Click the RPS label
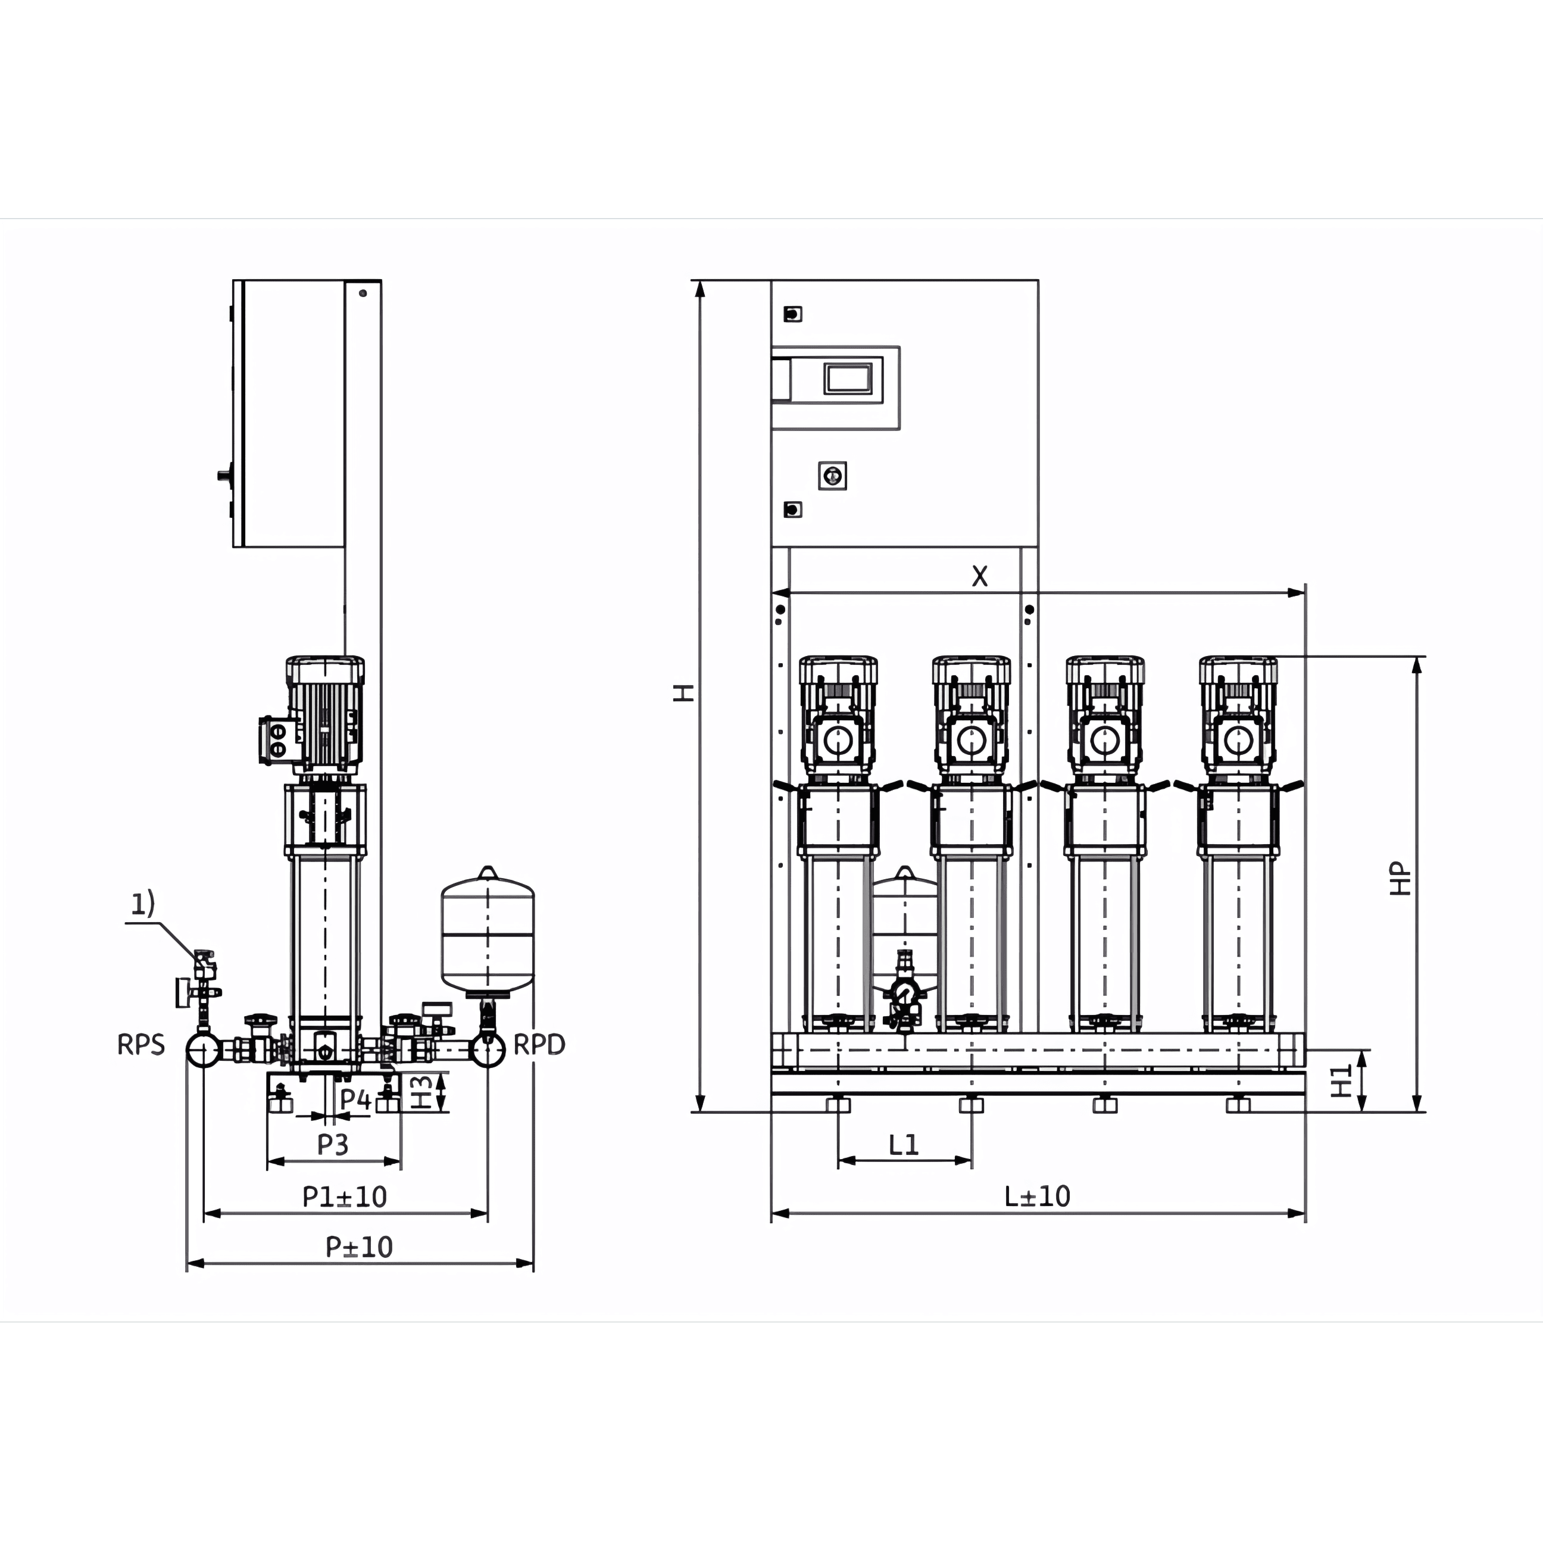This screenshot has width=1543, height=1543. tap(141, 1045)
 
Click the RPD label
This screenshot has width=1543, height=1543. tap(539, 1045)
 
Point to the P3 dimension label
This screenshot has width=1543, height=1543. tap(333, 1145)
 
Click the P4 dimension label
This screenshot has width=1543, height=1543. tap(355, 1099)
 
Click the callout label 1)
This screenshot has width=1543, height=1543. tap(143, 903)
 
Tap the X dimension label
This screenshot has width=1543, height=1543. tap(980, 576)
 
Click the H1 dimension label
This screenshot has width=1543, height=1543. tap(1342, 1080)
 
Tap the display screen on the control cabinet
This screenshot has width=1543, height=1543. tap(848, 378)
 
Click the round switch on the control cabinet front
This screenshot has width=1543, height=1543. tap(832, 476)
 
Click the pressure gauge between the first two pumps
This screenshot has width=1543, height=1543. tap(904, 994)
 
